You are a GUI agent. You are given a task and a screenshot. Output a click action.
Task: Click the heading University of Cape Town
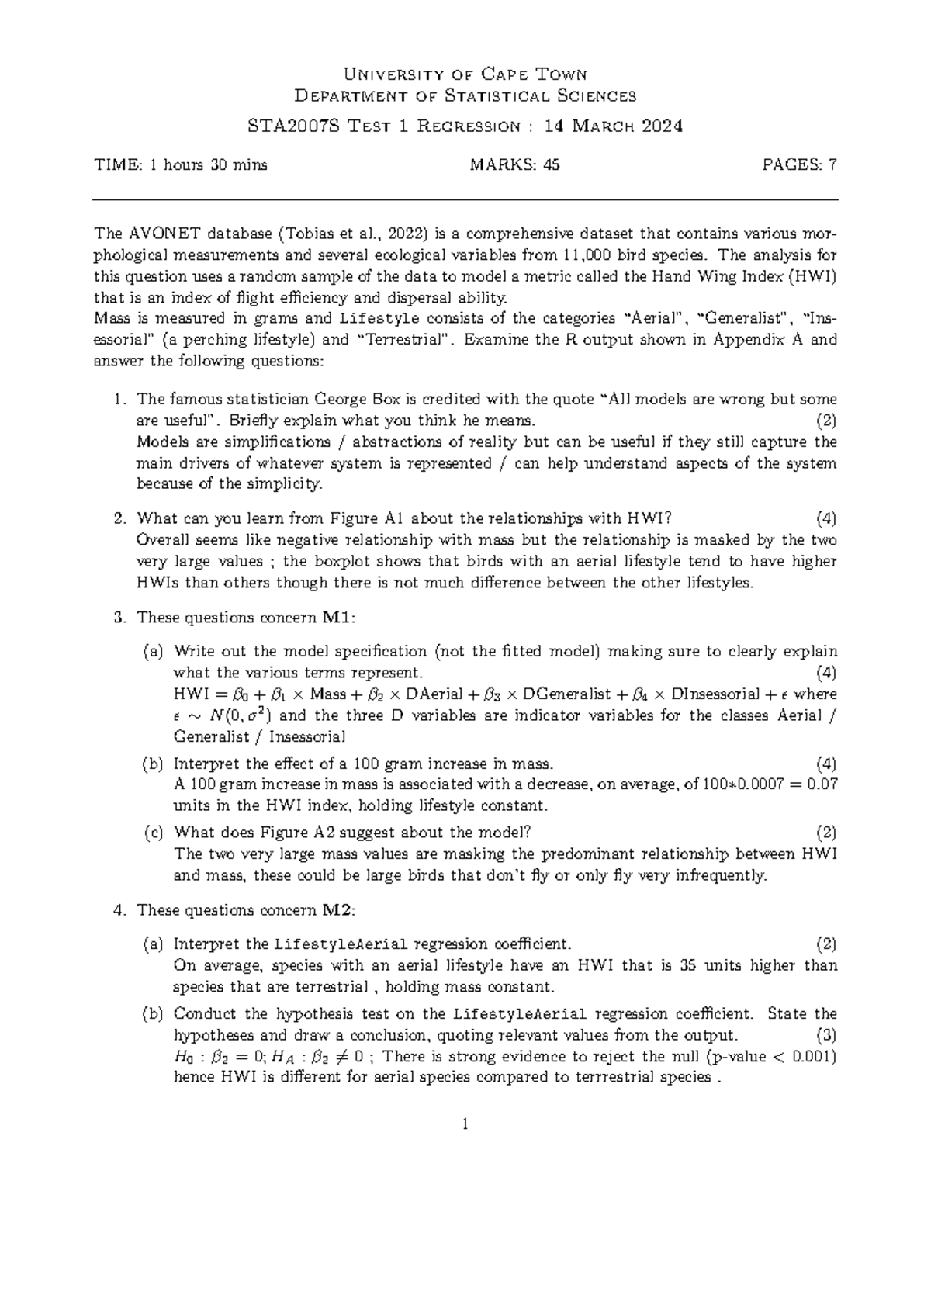click(465, 74)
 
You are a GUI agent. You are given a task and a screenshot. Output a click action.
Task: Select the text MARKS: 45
click(515, 164)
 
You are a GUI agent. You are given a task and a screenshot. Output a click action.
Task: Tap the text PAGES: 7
click(800, 164)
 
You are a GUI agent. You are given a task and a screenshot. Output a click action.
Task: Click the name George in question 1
click(339, 400)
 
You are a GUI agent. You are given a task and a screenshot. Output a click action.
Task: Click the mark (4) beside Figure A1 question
click(826, 518)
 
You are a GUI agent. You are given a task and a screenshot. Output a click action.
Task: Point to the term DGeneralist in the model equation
click(569, 694)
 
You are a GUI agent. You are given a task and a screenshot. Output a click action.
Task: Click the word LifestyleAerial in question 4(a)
click(341, 944)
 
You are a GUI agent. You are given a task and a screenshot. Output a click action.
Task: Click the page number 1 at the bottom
click(465, 1125)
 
